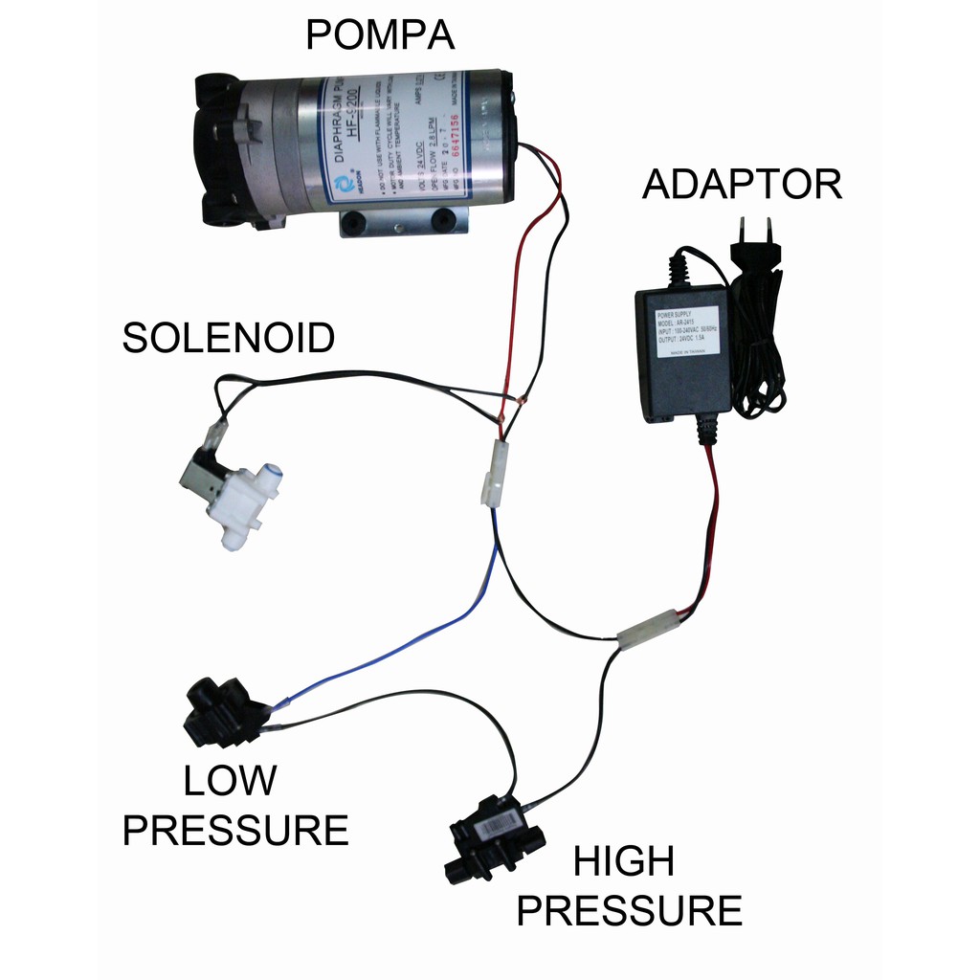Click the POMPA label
(379, 36)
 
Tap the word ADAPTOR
(742, 184)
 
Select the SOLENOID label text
(229, 338)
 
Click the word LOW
(230, 781)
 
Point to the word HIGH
(623, 862)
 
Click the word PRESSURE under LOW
(235, 829)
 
